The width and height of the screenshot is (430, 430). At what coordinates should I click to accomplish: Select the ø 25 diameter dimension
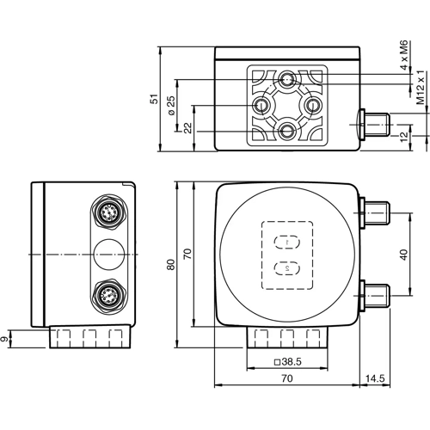(171, 107)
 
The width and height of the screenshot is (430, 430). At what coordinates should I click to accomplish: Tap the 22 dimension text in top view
(187, 126)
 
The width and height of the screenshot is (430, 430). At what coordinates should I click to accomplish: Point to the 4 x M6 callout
(404, 54)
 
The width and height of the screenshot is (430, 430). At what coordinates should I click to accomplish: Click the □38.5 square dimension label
(286, 363)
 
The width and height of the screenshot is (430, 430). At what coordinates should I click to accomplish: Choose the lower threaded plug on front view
(378, 292)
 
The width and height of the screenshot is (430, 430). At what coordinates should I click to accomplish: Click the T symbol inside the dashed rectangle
(286, 242)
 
